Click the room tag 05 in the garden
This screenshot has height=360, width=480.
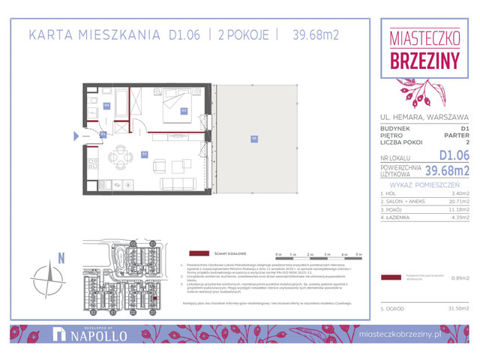[x=254, y=138]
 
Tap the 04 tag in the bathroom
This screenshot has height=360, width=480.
[x=107, y=106]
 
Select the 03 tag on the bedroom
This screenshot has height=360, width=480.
[x=183, y=109]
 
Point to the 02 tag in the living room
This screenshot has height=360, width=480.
[x=145, y=153]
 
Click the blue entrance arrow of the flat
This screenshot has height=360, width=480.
[x=76, y=136]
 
